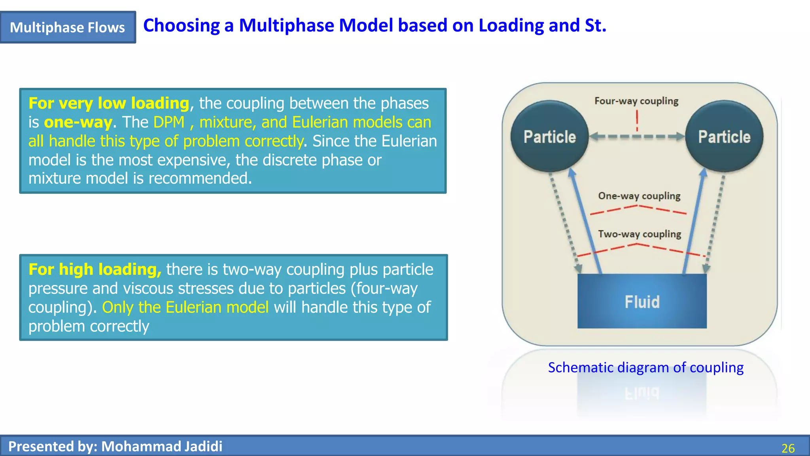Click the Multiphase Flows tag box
click(x=68, y=27)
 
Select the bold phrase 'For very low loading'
click(x=109, y=103)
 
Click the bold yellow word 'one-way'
click(x=78, y=122)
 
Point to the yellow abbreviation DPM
click(x=169, y=122)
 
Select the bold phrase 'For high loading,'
click(x=95, y=270)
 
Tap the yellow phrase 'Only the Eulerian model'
click(x=185, y=308)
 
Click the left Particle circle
click(x=549, y=137)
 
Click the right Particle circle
click(x=724, y=137)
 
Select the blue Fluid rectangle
click(x=642, y=301)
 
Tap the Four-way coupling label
click(x=636, y=101)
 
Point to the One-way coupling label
click(x=639, y=196)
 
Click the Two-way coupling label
click(x=640, y=234)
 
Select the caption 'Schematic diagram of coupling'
click(x=645, y=368)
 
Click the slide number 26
click(x=788, y=448)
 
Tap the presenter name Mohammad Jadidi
click(x=162, y=446)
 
